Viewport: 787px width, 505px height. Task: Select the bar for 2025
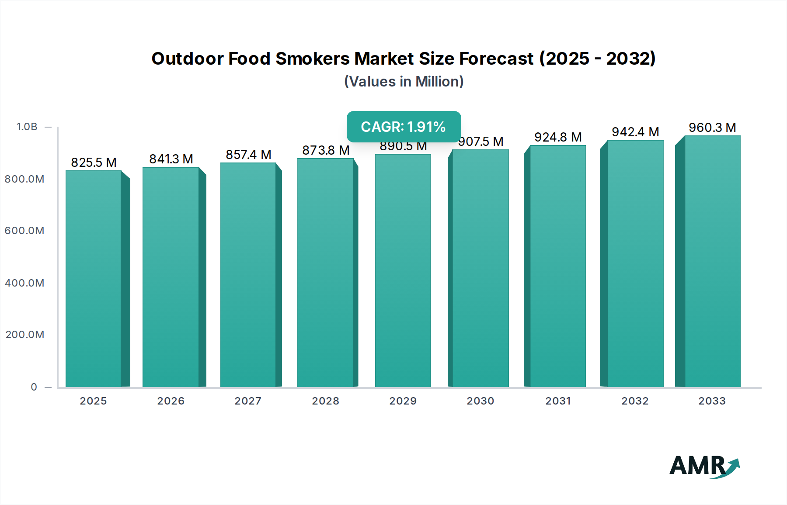pyautogui.click(x=94, y=280)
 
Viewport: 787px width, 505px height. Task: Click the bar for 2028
pyautogui.click(x=325, y=273)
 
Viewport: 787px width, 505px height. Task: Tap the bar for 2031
pyautogui.click(x=558, y=266)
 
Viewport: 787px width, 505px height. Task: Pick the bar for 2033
pyautogui.click(x=712, y=262)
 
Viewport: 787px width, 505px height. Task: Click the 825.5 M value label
pyautogui.click(x=94, y=163)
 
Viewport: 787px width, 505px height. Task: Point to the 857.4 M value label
pyautogui.click(x=248, y=155)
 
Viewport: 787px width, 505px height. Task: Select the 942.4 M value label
pyautogui.click(x=635, y=132)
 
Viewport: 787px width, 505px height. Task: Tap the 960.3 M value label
pyautogui.click(x=712, y=128)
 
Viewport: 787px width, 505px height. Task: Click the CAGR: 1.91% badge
pyautogui.click(x=404, y=127)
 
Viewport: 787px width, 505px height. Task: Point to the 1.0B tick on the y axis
pyautogui.click(x=27, y=127)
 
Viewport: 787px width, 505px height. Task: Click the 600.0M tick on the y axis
pyautogui.click(x=24, y=231)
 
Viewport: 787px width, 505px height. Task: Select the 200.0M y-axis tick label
pyautogui.click(x=25, y=335)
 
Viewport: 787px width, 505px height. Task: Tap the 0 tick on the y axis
pyautogui.click(x=34, y=387)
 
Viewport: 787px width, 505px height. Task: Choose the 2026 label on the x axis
pyautogui.click(x=171, y=401)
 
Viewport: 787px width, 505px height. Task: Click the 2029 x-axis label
pyautogui.click(x=403, y=401)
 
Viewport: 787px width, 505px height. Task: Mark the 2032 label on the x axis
pyautogui.click(x=635, y=401)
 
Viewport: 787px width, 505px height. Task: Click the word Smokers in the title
pyautogui.click(x=313, y=59)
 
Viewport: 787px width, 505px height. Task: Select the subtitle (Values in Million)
pyautogui.click(x=404, y=82)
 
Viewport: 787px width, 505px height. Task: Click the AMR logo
pyautogui.click(x=704, y=466)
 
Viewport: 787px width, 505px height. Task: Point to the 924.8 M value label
pyautogui.click(x=558, y=137)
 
